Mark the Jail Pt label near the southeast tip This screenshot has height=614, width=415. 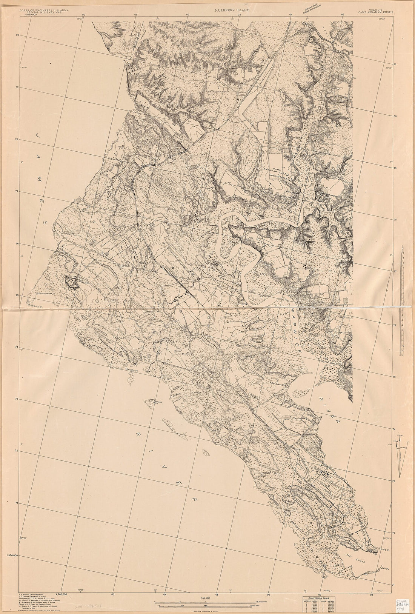(x=385, y=568)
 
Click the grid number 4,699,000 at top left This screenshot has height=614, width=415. (x=32, y=14)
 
